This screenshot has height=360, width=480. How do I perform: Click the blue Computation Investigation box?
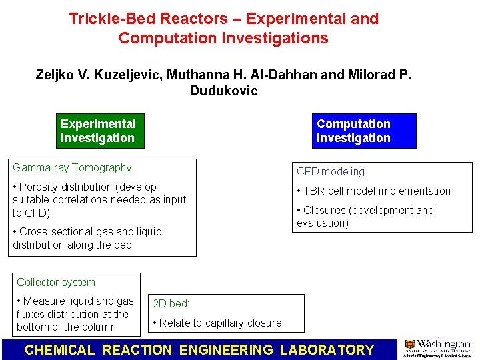coord(363,131)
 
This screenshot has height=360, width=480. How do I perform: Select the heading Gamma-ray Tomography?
coord(72,168)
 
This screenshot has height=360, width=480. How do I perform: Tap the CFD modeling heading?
coord(331,172)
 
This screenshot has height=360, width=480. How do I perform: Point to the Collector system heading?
coord(56,283)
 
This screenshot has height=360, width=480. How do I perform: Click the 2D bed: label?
coord(171,303)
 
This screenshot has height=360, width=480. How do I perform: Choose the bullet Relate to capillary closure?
coord(219,323)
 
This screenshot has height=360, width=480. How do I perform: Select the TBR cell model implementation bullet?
coord(377,191)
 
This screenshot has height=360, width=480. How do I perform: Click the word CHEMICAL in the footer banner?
coord(60,349)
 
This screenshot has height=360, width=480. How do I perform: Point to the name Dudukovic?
coord(223,91)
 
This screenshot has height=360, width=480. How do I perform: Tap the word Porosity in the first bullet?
coord(42,187)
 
